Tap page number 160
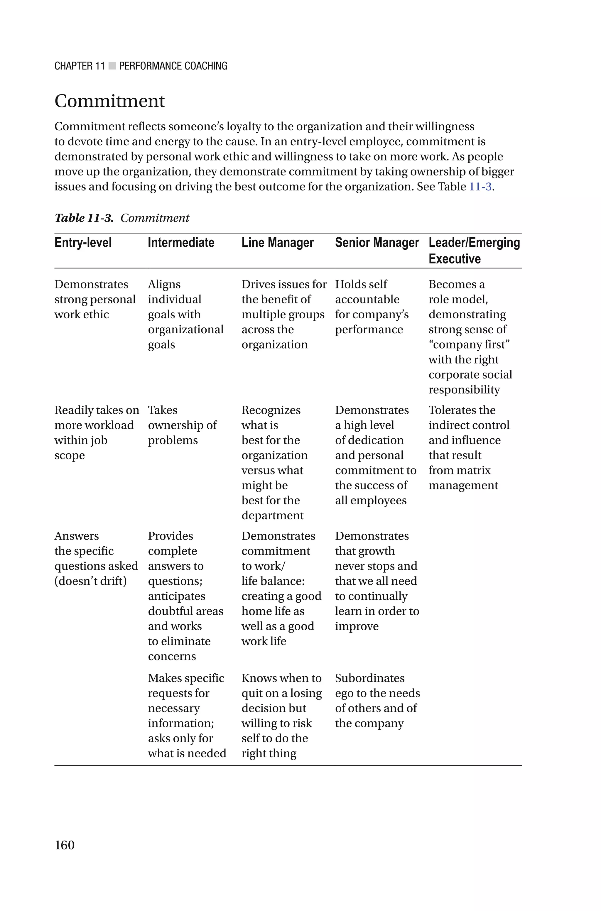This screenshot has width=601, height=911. (x=64, y=845)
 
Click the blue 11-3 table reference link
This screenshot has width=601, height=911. (x=480, y=187)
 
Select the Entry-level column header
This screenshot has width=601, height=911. (x=83, y=243)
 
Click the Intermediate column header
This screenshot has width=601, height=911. (x=181, y=243)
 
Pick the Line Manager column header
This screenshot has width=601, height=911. (x=278, y=243)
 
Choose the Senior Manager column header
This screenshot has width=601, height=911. (x=377, y=243)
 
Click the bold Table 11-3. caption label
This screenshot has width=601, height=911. (x=84, y=218)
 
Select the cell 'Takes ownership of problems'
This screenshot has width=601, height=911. (x=182, y=425)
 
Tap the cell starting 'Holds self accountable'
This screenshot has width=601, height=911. (x=372, y=307)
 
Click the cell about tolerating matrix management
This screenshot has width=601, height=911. (x=469, y=447)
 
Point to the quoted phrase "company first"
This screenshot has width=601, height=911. (x=469, y=344)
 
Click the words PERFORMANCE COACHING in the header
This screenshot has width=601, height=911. (x=173, y=66)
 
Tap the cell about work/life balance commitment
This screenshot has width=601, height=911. (x=281, y=588)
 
